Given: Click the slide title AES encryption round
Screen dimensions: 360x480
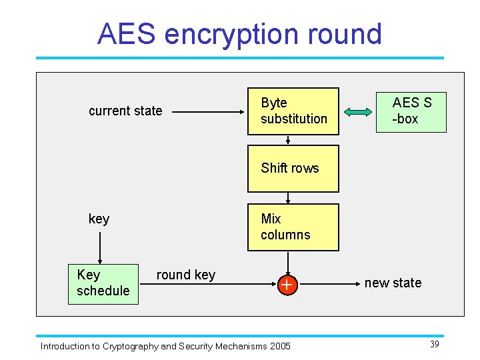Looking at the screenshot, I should pyautogui.click(x=239, y=34).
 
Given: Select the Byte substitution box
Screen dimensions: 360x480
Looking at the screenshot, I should pyautogui.click(x=293, y=111).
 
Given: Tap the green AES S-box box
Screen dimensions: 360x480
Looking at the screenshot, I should pyautogui.click(x=411, y=111).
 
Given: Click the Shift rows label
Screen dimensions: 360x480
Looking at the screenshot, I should pyautogui.click(x=290, y=168).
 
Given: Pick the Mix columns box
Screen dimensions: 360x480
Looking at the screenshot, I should pyautogui.click(x=293, y=227).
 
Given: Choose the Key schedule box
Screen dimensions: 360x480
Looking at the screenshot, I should pyautogui.click(x=103, y=283).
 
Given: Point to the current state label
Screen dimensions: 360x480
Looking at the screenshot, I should pyautogui.click(x=125, y=111).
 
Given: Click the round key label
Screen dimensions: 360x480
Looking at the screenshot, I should pyautogui.click(x=185, y=275).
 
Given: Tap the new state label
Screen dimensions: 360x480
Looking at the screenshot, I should pyautogui.click(x=393, y=283).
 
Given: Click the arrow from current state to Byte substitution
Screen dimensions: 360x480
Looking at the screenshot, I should pyautogui.click(x=207, y=111).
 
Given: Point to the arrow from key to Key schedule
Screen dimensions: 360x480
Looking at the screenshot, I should pyautogui.click(x=99, y=247).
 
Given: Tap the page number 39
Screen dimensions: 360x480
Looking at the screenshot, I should pyautogui.click(x=434, y=343).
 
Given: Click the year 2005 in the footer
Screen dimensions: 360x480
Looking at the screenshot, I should pyautogui.click(x=280, y=346).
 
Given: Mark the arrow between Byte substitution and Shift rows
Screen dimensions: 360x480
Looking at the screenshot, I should pyautogui.click(x=287, y=141).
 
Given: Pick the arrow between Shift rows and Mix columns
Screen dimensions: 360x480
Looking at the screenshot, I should pyautogui.click(x=287, y=197).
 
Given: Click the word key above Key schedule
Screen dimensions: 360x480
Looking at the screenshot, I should pyautogui.click(x=99, y=219).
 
